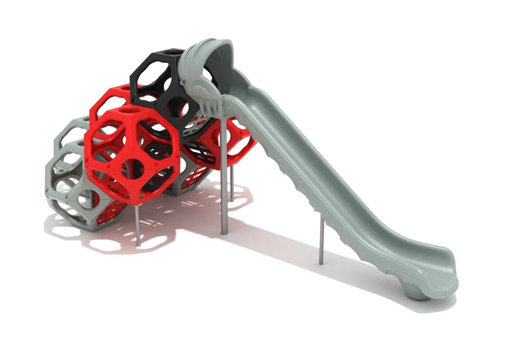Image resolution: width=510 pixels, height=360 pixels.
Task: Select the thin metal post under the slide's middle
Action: [321, 239]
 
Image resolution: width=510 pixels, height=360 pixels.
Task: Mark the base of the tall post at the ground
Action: [224, 232]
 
